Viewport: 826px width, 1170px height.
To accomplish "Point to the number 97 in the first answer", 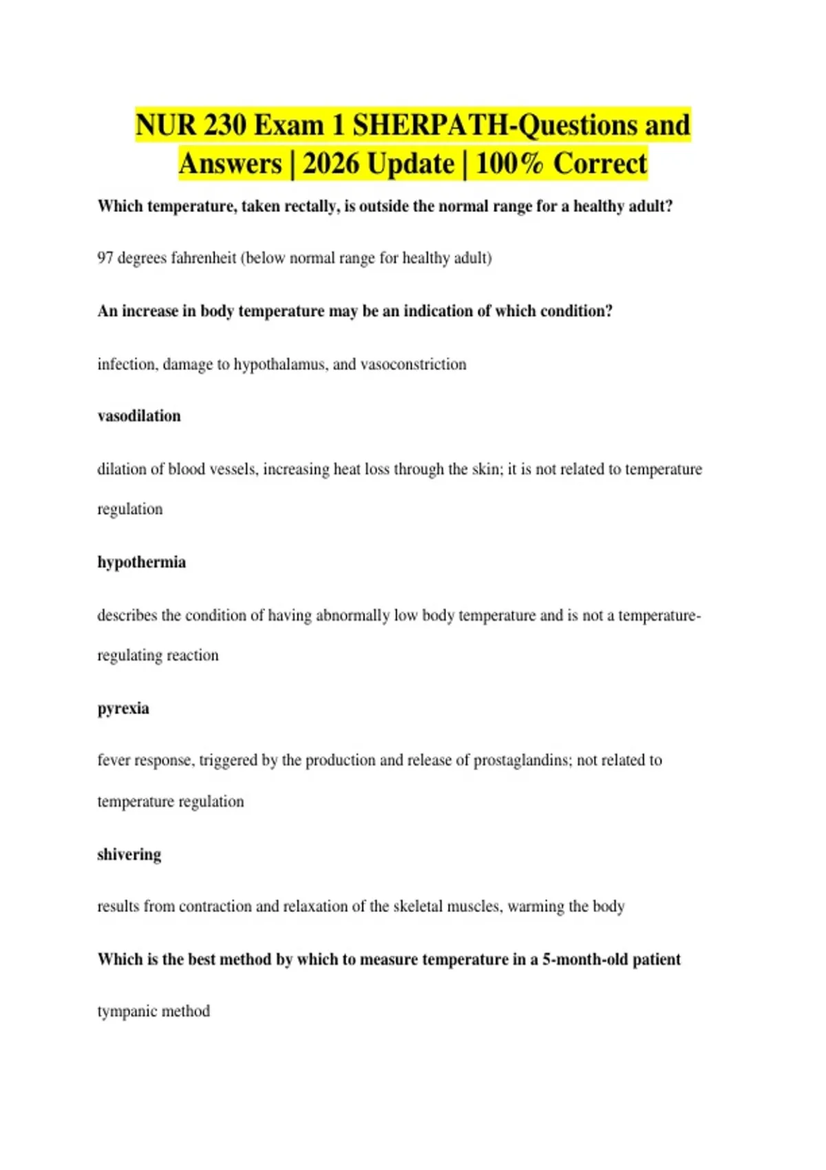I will coord(105,258).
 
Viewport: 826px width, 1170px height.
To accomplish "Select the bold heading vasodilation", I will coord(139,416).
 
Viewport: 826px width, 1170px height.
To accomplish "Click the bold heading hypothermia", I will coord(142,562).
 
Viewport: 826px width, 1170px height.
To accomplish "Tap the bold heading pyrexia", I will coord(123,708).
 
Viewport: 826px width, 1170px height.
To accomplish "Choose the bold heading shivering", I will coord(129,854).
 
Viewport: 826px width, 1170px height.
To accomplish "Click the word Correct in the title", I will coord(600,164).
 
